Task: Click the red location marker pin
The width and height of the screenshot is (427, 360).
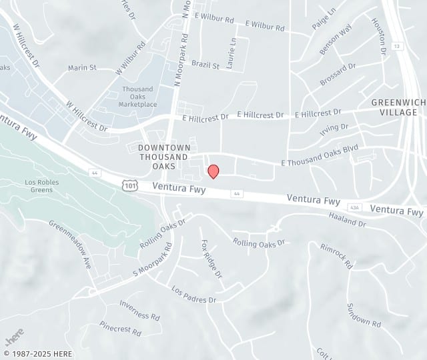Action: pyautogui.click(x=213, y=171)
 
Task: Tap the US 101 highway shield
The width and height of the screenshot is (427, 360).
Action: pyautogui.click(x=129, y=185)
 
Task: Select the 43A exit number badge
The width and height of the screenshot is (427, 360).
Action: pyautogui.click(x=356, y=207)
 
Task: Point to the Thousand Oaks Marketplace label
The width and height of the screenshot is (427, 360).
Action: pyautogui.click(x=139, y=97)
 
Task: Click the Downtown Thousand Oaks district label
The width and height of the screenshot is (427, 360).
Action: pyautogui.click(x=164, y=157)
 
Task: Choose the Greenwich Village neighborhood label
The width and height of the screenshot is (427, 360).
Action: pyautogui.click(x=398, y=107)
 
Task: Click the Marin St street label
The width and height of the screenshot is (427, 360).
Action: pyautogui.click(x=82, y=67)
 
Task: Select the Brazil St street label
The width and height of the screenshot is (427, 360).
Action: pyautogui.click(x=205, y=65)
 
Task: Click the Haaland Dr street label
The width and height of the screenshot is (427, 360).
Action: pyautogui.click(x=348, y=220)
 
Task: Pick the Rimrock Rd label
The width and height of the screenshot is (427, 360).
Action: pyautogui.click(x=336, y=255)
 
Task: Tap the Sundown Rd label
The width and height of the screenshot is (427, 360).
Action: pyautogui.click(x=363, y=315)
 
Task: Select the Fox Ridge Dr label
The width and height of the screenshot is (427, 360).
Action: pyautogui.click(x=210, y=259)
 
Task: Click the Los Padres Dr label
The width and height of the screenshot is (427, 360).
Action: pyautogui.click(x=194, y=295)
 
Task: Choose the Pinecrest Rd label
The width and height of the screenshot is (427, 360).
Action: pyautogui.click(x=120, y=327)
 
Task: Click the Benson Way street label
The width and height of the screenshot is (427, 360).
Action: pyautogui.click(x=336, y=39)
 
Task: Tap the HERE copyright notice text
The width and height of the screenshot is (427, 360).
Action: pyautogui.click(x=38, y=354)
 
